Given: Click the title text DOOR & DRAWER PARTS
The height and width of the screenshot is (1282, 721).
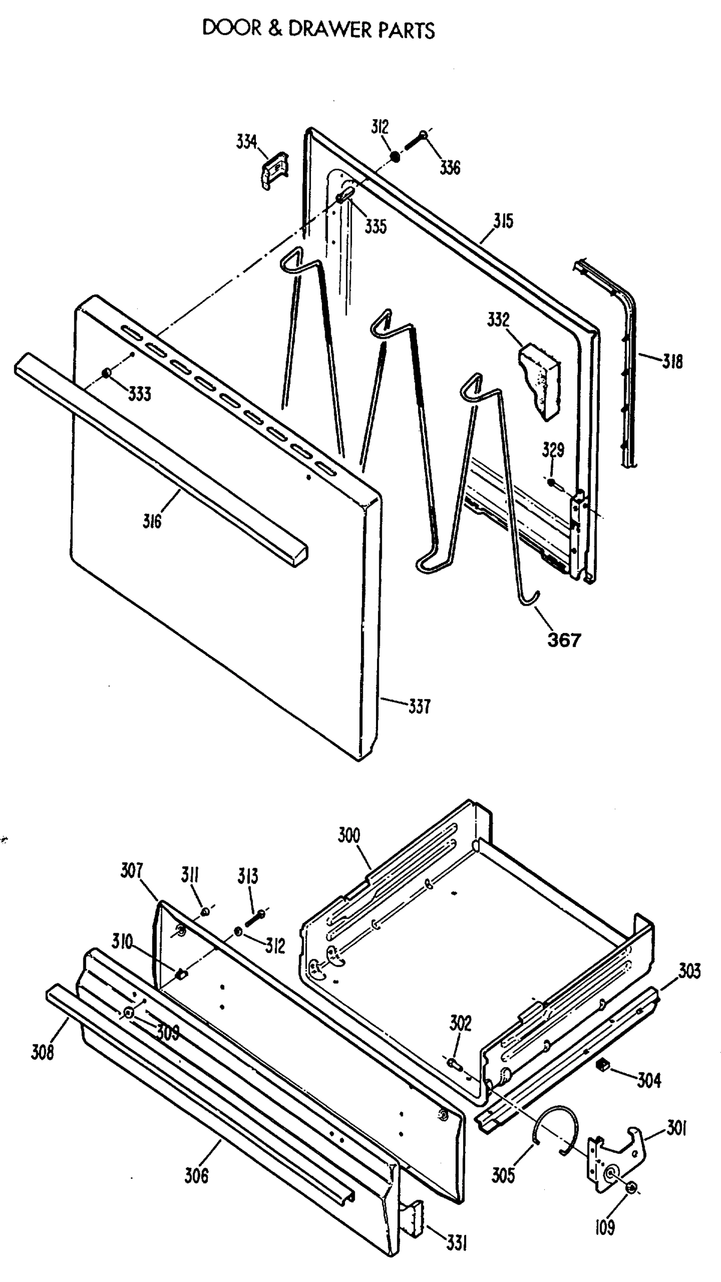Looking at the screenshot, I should coord(318,29).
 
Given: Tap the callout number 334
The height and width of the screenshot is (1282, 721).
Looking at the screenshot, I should coord(246,142).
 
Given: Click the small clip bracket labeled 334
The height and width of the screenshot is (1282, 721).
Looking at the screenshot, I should coord(275,169).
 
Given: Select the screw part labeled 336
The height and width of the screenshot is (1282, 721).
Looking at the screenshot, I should coord(417,140).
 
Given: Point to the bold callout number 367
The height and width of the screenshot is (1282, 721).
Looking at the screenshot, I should coord(564,639).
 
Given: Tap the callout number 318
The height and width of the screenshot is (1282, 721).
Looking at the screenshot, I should coord(672,362).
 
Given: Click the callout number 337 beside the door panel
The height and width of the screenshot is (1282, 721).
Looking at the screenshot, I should coord(419,707).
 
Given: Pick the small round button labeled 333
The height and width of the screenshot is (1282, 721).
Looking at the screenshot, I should coord(107,373).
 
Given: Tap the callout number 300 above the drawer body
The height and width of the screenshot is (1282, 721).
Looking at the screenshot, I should coord(349,835).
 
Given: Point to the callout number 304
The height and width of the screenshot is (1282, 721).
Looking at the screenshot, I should coord(649,1080).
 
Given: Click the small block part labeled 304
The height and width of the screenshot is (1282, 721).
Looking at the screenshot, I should coord(602,1064).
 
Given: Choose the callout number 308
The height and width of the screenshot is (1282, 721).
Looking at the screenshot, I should coord(42,1052).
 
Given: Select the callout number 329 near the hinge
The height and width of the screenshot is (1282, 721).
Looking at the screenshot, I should coord(553,450).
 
